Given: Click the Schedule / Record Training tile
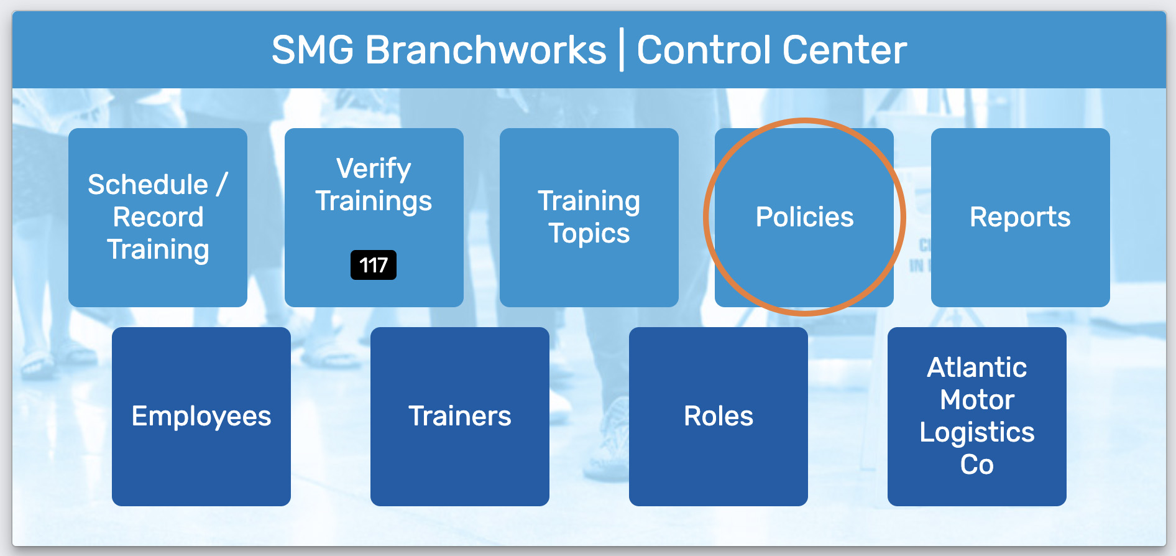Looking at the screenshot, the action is (x=158, y=218).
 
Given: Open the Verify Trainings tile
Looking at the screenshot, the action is (x=374, y=218).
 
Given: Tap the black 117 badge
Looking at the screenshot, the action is (x=374, y=265).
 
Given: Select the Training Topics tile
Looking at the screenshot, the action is (x=589, y=218).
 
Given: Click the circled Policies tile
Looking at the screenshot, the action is (x=804, y=218).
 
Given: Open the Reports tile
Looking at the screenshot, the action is (x=1021, y=218).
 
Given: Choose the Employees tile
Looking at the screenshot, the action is (x=201, y=417).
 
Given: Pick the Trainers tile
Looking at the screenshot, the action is (x=460, y=417).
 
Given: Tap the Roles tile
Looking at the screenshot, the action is (x=719, y=417).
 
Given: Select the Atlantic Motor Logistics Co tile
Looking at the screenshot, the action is (x=977, y=417).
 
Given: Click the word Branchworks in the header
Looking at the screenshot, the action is (x=486, y=50).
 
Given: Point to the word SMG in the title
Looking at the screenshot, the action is (x=313, y=50).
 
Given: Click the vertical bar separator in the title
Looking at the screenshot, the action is (x=622, y=51).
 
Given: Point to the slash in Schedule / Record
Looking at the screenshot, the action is (x=221, y=185).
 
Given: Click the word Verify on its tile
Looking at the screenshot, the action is (x=374, y=169).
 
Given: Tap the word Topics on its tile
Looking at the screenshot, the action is (x=589, y=234).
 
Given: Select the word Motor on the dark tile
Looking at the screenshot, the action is (x=977, y=400).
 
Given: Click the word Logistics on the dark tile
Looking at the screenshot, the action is (x=977, y=433).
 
